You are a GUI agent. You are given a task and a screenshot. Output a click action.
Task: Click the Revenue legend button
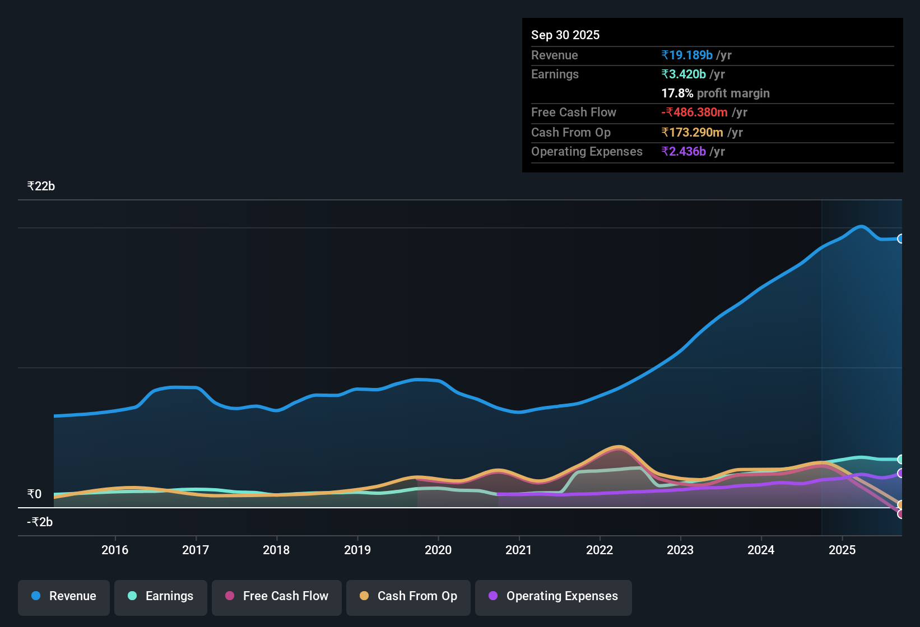(x=64, y=596)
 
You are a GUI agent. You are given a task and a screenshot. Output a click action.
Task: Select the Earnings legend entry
(x=161, y=596)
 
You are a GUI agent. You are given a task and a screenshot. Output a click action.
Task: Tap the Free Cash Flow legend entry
(x=277, y=596)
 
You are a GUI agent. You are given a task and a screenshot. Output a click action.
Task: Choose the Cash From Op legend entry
(x=408, y=596)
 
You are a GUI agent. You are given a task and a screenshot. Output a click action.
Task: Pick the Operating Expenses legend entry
(x=554, y=596)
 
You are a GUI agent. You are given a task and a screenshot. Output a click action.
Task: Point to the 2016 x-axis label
(x=115, y=550)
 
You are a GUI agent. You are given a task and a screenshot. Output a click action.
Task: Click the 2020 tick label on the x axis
(x=438, y=550)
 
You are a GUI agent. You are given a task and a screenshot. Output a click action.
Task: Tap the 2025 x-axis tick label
(x=842, y=550)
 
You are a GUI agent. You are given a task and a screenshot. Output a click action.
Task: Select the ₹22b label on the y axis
(x=41, y=186)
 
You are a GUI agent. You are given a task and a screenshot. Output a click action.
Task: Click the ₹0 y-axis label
(x=35, y=494)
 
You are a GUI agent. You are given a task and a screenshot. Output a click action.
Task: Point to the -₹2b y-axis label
(x=40, y=522)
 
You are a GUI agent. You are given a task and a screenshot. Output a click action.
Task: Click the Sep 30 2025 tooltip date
(x=565, y=35)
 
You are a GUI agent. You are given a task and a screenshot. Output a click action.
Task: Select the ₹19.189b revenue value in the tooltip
(x=687, y=55)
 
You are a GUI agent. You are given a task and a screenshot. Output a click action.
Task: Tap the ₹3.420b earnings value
(x=684, y=74)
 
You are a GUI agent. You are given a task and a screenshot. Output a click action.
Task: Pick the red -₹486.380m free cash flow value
(x=694, y=112)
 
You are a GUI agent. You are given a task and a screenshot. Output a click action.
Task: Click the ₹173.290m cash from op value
(x=692, y=132)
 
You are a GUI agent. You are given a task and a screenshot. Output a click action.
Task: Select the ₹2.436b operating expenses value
(x=684, y=151)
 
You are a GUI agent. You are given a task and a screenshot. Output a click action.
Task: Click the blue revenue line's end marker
(x=900, y=238)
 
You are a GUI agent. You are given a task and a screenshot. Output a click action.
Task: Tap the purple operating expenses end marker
(x=900, y=473)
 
